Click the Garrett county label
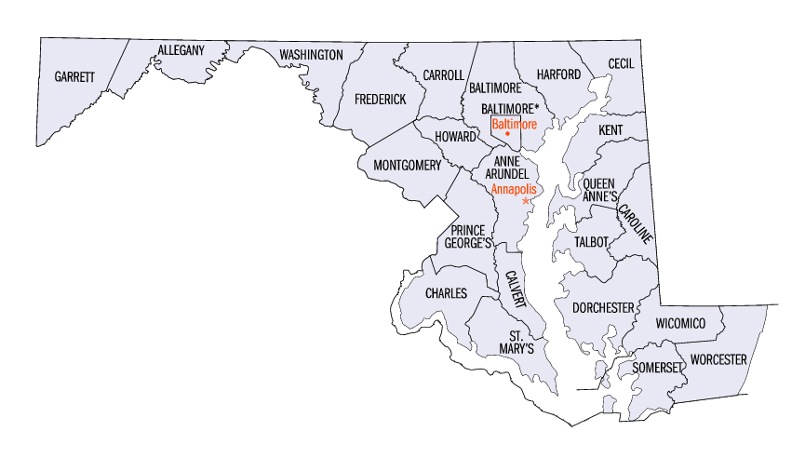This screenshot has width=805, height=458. tap(74, 76)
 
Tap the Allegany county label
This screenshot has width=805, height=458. tap(181, 49)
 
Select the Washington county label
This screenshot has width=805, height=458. tap(311, 55)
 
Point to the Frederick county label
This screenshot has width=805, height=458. tap(380, 99)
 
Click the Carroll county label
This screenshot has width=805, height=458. tap(443, 75)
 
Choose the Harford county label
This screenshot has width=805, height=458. tap(558, 74)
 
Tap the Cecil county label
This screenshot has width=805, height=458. tap(621, 63)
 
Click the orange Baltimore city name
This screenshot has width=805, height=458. tap(515, 123)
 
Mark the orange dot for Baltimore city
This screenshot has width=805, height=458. tap(507, 134)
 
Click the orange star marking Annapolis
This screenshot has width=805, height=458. tap(526, 201)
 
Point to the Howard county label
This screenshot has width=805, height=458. tap(456, 136)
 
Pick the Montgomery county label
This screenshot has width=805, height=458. tap(407, 166)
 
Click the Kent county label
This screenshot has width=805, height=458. tap(610, 129)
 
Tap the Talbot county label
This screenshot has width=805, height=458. tap(591, 242)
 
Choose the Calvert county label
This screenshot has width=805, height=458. tap(515, 290)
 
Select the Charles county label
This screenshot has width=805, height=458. tap(446, 293)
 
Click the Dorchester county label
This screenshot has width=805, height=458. tap(603, 307)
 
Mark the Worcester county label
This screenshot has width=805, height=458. tap(718, 358)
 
